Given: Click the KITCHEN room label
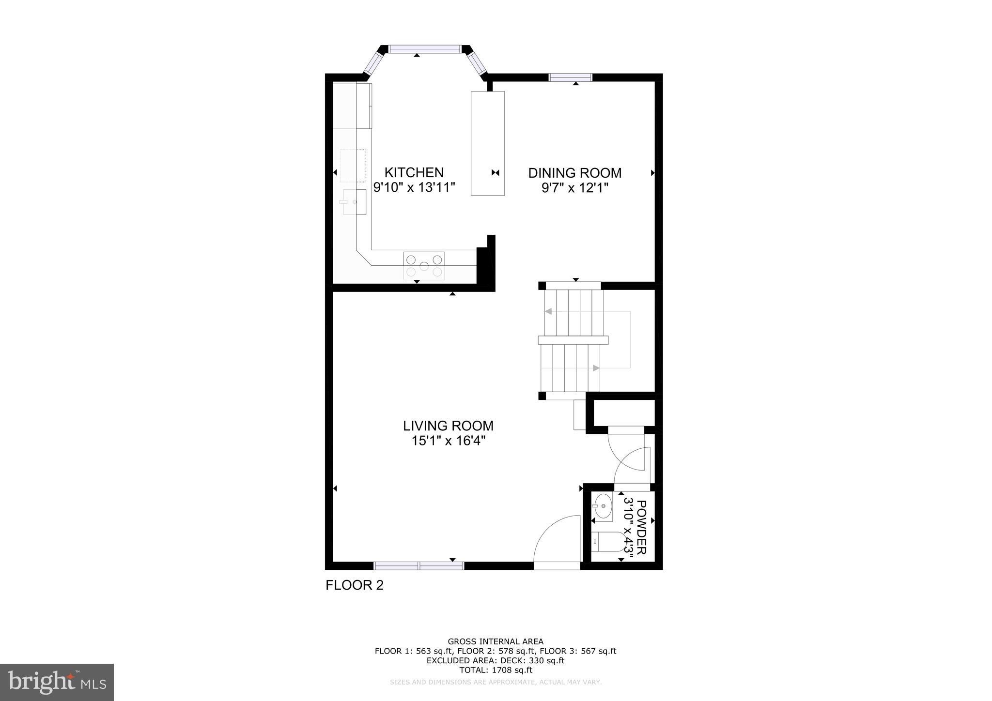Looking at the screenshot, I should (414, 172).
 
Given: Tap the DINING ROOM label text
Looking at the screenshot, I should (574, 173).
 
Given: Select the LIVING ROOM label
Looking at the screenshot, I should (448, 426).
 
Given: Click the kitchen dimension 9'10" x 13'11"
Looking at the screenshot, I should (414, 187).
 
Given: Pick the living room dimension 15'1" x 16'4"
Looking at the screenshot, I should (448, 441).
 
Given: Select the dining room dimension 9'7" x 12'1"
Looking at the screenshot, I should (574, 188).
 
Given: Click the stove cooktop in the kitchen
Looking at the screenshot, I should (424, 266).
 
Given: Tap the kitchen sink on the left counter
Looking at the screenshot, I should (355, 201).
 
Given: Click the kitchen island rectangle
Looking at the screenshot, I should (488, 143).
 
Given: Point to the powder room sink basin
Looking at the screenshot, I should (603, 506).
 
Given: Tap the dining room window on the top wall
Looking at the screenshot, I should (570, 77).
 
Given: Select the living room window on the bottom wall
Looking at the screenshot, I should (418, 565).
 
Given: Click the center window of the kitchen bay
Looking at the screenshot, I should (425, 49).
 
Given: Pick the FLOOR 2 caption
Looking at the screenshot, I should (354, 585).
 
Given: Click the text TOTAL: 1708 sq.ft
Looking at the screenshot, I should (496, 670).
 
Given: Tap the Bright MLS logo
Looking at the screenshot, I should (57, 682).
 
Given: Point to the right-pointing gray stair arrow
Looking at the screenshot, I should (596, 368).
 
